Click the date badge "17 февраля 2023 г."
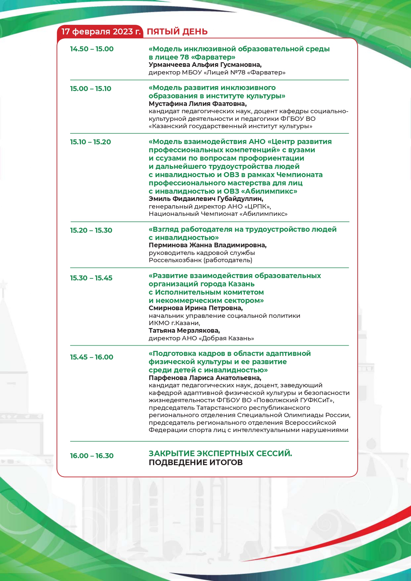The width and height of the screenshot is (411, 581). (101, 32)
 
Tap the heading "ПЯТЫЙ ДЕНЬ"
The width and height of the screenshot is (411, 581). (177, 32)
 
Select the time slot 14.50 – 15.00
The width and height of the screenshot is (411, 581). (92, 49)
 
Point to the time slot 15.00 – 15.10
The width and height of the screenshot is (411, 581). (90, 89)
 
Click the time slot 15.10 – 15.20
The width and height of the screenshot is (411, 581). (90, 142)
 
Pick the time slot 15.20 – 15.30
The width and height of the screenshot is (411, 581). (91, 230)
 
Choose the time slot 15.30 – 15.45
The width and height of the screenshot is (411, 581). (91, 278)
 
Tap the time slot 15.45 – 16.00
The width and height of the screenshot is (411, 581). (91, 357)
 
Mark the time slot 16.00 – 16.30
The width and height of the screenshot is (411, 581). (92, 456)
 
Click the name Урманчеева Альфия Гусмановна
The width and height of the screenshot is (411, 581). (205, 65)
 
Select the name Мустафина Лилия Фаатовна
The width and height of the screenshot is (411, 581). (197, 104)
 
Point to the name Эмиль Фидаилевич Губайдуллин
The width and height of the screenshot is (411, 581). (206, 199)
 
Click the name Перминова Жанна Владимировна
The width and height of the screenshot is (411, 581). (208, 245)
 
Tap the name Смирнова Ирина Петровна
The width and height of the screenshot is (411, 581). (195, 308)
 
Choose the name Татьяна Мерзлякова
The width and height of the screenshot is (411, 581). (184, 331)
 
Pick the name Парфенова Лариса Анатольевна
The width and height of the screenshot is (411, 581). (205, 378)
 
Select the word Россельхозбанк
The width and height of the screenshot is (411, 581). (175, 260)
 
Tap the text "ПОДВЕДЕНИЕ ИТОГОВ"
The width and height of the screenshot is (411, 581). (196, 462)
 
